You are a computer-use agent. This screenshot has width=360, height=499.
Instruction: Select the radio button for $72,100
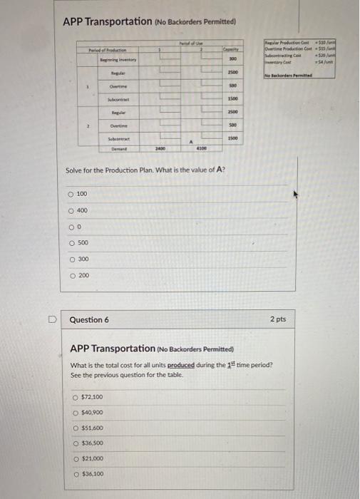pyautogui.click(x=76, y=396)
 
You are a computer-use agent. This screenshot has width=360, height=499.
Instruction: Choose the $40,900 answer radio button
pyautogui.click(x=76, y=412)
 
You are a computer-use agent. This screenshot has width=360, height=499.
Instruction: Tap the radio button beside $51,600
pyautogui.click(x=76, y=428)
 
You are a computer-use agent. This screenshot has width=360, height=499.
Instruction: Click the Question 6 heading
pyautogui.click(x=89, y=320)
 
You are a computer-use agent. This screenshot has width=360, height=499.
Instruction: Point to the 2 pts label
pyautogui.click(x=277, y=319)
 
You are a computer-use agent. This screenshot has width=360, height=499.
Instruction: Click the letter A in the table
pyautogui.click(x=192, y=141)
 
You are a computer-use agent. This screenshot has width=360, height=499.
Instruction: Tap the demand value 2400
pyautogui.click(x=161, y=150)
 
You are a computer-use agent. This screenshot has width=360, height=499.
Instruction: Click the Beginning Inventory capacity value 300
pyautogui.click(x=232, y=59)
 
